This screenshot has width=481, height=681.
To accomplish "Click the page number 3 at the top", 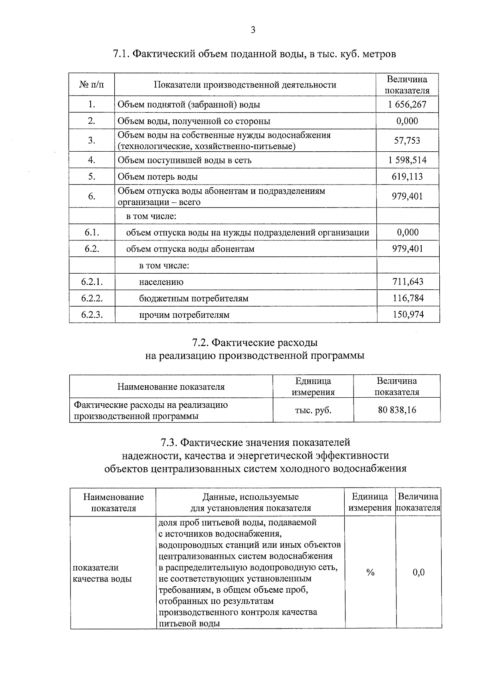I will (x=253, y=30).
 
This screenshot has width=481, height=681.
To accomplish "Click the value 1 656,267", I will (x=407, y=105).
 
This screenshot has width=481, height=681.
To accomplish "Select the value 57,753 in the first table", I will (x=407, y=140).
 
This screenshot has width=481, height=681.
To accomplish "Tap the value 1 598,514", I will (x=407, y=160).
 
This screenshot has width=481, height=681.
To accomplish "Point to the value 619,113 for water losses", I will (x=407, y=177).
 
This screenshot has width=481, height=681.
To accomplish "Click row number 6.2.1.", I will (x=92, y=282).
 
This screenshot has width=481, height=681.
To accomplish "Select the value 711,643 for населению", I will (x=408, y=282).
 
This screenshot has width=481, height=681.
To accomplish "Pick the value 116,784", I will (x=408, y=298).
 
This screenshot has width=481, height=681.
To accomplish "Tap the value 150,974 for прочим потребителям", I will (x=408, y=315).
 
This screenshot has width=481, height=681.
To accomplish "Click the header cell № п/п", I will (x=91, y=85).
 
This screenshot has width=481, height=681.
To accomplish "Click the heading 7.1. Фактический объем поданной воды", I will (x=255, y=54).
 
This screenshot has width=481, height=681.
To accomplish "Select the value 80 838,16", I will (x=397, y=410).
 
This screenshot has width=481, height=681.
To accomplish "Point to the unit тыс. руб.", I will (x=313, y=410).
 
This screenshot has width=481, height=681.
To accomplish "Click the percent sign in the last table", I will (x=370, y=573).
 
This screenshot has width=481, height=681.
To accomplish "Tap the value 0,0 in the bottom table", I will (x=418, y=573).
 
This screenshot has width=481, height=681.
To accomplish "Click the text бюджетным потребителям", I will (x=194, y=299).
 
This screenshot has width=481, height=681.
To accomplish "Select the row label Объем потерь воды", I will (x=158, y=177).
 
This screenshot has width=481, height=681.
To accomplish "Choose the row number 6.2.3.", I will (x=92, y=315).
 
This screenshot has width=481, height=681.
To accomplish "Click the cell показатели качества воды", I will (x=102, y=573).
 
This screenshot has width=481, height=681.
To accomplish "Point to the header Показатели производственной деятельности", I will (x=245, y=85).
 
